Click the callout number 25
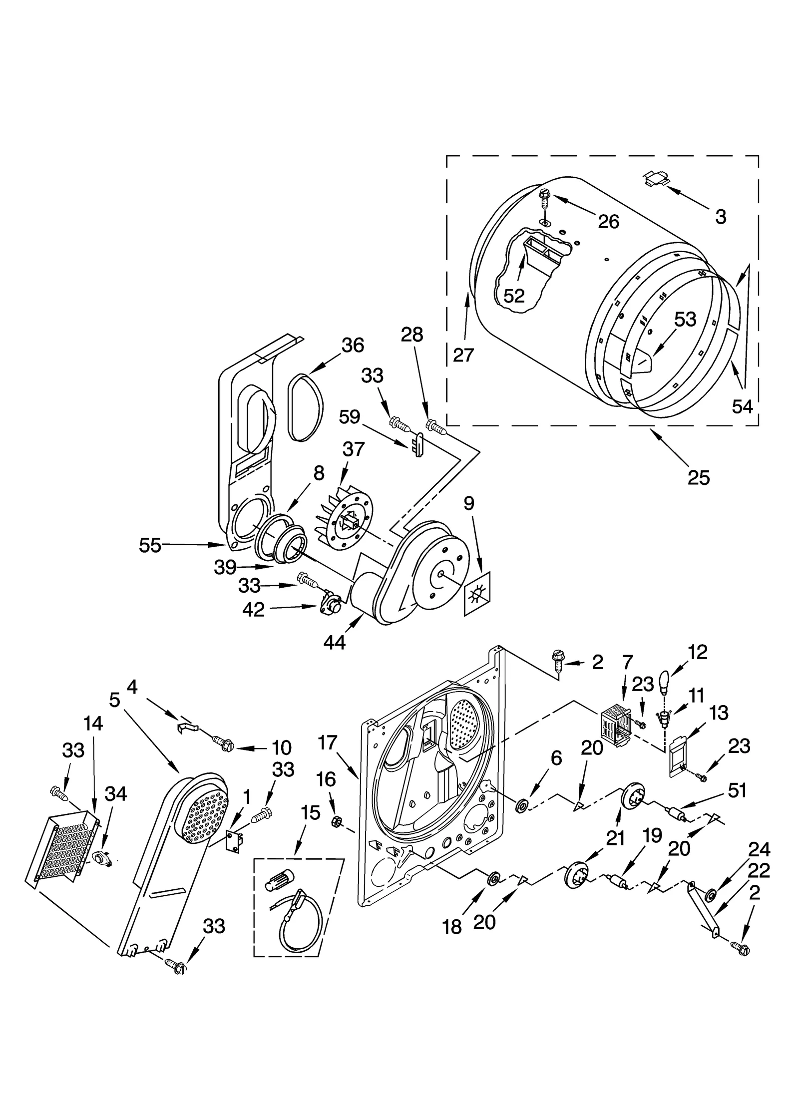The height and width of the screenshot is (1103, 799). (x=698, y=478)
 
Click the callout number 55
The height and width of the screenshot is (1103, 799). (x=150, y=545)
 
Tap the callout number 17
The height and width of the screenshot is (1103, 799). (x=328, y=742)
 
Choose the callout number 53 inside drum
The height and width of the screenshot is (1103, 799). (x=685, y=320)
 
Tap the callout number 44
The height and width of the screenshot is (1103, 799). (x=334, y=642)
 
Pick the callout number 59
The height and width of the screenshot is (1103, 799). (x=349, y=416)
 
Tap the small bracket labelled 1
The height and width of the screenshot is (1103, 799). (x=234, y=841)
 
